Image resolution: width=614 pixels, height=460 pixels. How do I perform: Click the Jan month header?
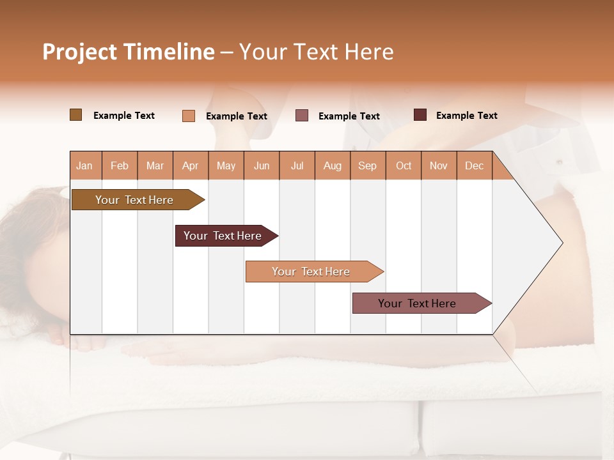click(x=84, y=165)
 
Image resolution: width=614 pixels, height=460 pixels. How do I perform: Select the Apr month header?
click(x=190, y=165)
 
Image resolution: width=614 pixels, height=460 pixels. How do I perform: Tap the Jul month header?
click(x=297, y=165)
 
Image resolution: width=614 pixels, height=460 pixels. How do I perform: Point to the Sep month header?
click(x=367, y=165)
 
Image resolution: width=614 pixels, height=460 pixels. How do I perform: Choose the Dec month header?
click(x=474, y=165)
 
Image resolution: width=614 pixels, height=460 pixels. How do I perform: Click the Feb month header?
click(x=120, y=165)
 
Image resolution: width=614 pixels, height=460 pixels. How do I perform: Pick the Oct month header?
click(x=404, y=165)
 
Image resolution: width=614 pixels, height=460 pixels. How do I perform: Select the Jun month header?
click(x=262, y=165)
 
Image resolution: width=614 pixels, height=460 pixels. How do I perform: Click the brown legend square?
click(x=76, y=115)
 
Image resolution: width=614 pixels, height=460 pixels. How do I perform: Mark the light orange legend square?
click(x=189, y=116)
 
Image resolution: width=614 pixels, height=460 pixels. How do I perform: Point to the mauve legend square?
click(x=302, y=116)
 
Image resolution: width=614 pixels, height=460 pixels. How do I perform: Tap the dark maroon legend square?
click(x=420, y=115)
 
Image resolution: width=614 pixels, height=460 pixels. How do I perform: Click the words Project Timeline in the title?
click(x=129, y=52)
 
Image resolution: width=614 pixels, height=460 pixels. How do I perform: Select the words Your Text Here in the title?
click(x=316, y=52)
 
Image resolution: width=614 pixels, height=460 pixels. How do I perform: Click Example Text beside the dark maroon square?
click(x=466, y=115)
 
